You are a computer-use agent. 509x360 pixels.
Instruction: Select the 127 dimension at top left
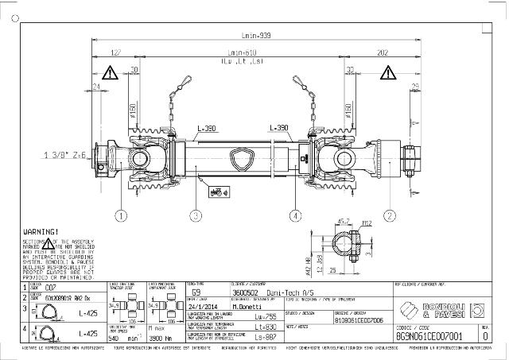point(116,52)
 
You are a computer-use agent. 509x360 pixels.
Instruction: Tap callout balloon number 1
point(121,215)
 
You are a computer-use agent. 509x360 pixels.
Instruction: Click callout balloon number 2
point(390,215)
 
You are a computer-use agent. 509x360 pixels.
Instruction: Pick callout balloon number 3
point(195,215)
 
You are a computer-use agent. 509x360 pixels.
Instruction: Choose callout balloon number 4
point(295,215)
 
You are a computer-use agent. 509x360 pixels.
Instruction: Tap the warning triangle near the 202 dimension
point(397,73)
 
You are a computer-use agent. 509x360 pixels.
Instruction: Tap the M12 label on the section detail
point(367,223)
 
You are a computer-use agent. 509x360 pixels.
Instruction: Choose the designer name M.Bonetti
point(249,305)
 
